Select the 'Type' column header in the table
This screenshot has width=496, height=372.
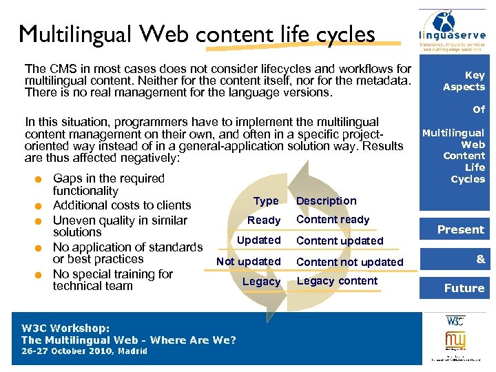[266, 201]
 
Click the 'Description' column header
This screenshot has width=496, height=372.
[326, 201]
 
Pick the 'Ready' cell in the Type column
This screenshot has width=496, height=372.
[264, 220]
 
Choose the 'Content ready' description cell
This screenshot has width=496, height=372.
[333, 220]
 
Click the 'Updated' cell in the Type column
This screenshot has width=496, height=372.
[259, 240]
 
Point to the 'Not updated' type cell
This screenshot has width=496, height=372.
[249, 262]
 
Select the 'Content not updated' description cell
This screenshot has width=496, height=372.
[349, 262]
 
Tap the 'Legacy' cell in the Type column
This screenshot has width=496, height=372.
[262, 282]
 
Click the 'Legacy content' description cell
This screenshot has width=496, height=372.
[337, 281]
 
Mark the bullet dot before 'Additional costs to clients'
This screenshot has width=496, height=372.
[41, 206]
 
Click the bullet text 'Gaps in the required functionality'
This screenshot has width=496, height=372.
[108, 185]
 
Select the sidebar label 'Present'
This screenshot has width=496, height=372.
[461, 230]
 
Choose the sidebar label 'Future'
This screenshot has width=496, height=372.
[464, 289]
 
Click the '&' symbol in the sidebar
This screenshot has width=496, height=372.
[480, 259]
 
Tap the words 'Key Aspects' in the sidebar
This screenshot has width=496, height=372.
[464, 81]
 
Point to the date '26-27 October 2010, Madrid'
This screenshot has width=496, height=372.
[84, 351]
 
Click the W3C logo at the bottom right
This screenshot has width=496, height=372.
[455, 321]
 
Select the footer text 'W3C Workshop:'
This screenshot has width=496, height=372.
[65, 329]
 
